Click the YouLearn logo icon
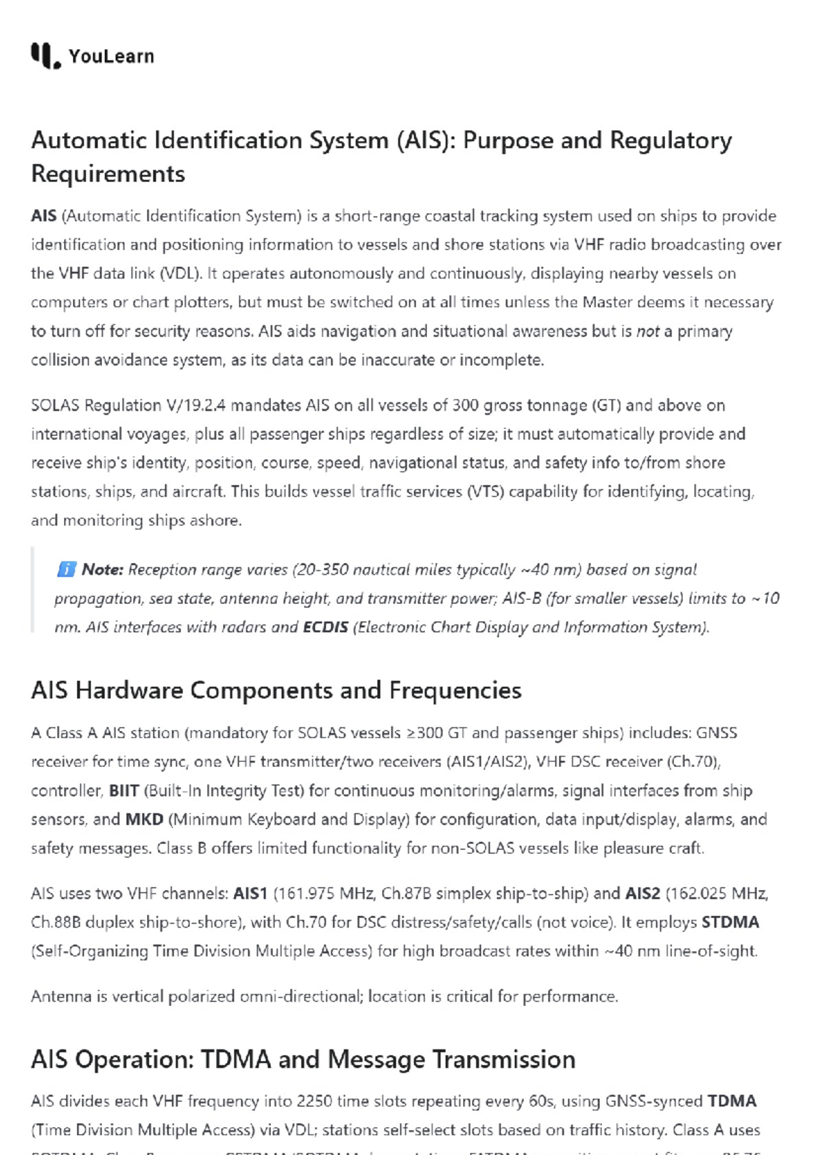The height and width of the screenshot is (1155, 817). (x=46, y=56)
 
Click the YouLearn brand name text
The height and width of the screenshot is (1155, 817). (x=111, y=57)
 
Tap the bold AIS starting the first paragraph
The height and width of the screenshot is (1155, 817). (x=44, y=216)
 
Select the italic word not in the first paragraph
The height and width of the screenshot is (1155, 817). (x=647, y=332)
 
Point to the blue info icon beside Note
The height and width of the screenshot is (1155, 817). (x=66, y=569)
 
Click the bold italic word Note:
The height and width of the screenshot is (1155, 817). (x=103, y=570)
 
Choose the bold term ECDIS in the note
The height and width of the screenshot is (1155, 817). (x=325, y=627)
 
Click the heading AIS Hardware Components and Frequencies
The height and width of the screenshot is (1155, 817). (x=276, y=691)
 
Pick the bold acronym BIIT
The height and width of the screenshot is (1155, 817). (x=124, y=791)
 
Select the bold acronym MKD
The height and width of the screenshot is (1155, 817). (x=144, y=819)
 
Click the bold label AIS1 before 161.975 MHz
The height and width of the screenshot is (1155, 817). (x=250, y=893)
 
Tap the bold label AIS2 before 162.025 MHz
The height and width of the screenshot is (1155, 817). (x=643, y=893)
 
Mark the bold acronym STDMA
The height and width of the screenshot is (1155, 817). (x=731, y=922)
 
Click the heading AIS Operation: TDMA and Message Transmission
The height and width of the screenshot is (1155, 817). (x=303, y=1060)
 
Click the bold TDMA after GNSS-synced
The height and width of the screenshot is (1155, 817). (x=732, y=1101)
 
